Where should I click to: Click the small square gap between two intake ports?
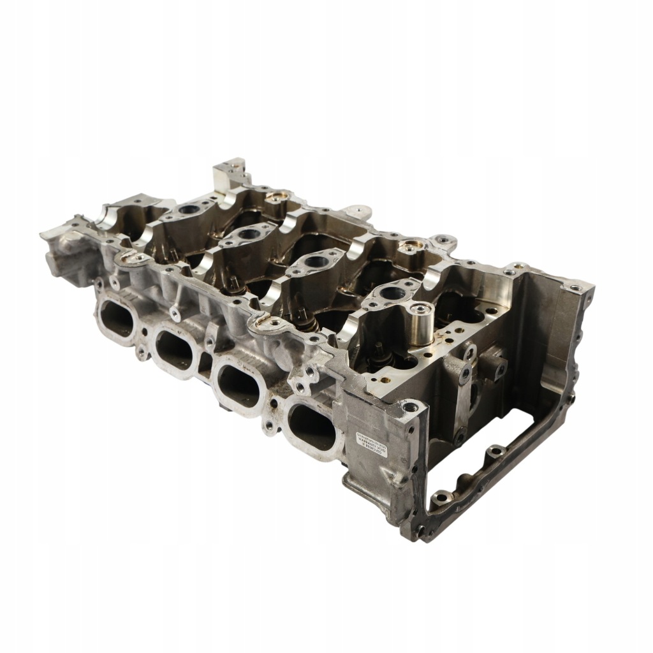coord(205,362)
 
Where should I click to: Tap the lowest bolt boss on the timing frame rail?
coord(441,496)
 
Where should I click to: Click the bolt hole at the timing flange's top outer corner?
coord(575,288)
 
